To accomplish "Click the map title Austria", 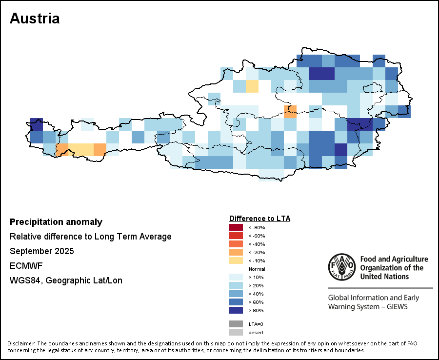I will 35,19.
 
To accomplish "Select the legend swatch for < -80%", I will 236,227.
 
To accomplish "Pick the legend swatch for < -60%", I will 236,236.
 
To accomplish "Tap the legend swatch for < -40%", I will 236,244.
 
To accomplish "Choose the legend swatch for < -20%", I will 236,252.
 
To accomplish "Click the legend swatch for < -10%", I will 236,260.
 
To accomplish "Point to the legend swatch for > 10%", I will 236,277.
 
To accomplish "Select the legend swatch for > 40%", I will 236,294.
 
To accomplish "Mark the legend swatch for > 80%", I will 236,310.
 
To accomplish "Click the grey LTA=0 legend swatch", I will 236,324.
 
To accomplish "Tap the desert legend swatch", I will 236,332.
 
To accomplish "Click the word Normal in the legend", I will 257,269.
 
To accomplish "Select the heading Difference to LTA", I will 259,218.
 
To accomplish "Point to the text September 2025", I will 42,251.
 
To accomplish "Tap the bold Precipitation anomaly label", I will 56,222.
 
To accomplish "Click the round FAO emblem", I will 341,267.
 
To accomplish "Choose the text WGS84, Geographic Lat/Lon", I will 66,280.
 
